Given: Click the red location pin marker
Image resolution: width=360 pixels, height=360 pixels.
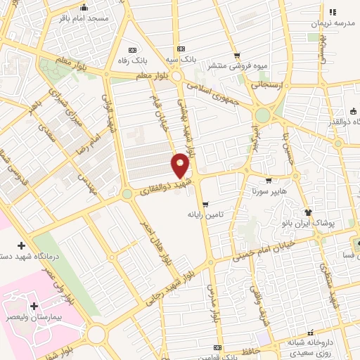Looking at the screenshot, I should click(181, 165).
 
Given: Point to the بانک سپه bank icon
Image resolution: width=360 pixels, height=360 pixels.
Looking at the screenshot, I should click(181, 49).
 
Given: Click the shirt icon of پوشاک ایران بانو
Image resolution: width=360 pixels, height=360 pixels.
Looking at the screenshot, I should click(307, 211).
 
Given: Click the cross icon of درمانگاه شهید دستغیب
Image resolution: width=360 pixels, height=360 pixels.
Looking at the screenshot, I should click(21, 245).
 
